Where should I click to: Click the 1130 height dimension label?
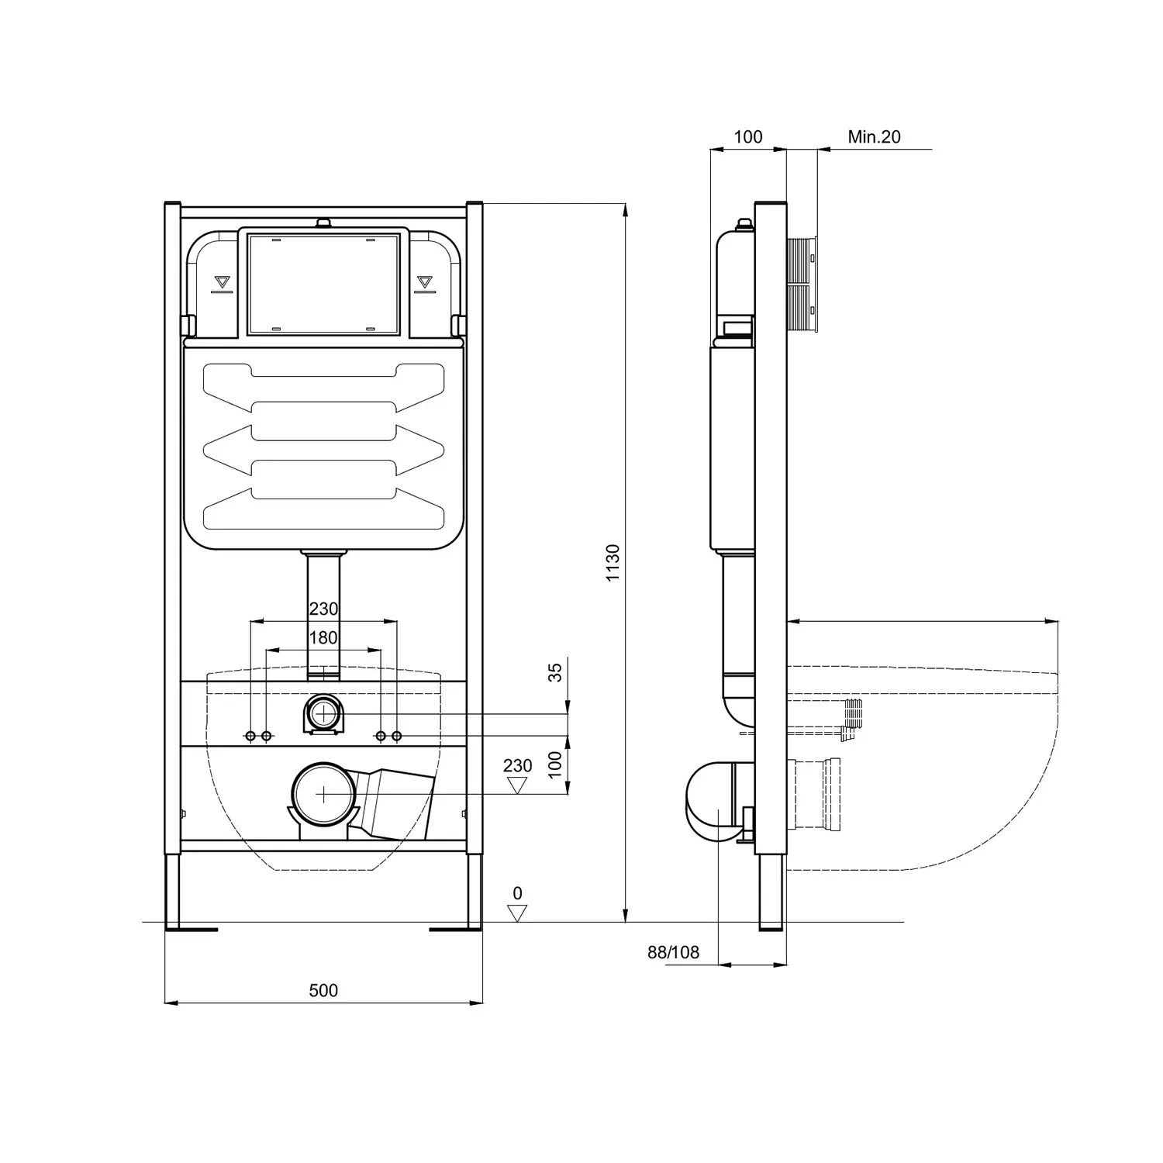(x=613, y=563)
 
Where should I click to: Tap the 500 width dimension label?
(x=323, y=990)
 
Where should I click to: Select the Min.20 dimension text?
(x=874, y=137)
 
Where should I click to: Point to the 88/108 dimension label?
(x=673, y=952)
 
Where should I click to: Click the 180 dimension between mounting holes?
(x=323, y=637)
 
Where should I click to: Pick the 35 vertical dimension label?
(x=555, y=672)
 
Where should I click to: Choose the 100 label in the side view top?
(x=747, y=137)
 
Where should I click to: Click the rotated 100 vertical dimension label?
(x=555, y=765)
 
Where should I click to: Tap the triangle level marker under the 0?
(x=517, y=913)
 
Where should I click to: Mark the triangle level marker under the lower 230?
(x=517, y=784)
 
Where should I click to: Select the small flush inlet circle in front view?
(x=323, y=713)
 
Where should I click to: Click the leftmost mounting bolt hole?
(x=250, y=735)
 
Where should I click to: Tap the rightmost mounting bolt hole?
(x=397, y=735)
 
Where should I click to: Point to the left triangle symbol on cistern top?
(x=223, y=281)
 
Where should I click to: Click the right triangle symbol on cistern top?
(x=423, y=281)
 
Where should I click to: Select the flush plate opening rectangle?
(x=323, y=285)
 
